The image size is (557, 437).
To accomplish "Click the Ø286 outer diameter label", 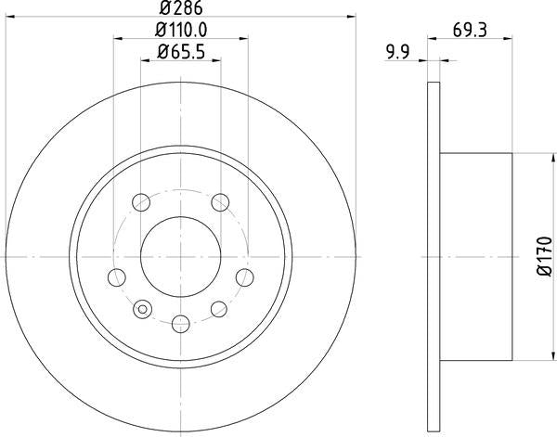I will click(x=181, y=9).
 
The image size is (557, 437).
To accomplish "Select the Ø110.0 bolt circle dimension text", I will click(x=181, y=31).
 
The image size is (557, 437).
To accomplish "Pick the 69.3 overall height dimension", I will click(x=469, y=31).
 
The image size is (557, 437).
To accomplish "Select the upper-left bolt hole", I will click(x=141, y=201).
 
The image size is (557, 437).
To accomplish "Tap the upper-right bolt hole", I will click(x=220, y=201).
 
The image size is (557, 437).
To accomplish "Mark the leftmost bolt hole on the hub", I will click(x=117, y=276).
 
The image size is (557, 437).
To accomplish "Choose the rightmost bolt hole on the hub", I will click(x=245, y=276).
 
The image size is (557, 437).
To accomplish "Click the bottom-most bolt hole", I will click(x=181, y=323).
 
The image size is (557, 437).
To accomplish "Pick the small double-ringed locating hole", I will click(x=143, y=310).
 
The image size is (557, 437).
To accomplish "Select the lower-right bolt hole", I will click(x=220, y=309).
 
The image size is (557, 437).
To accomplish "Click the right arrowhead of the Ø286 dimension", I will click(x=353, y=16).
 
